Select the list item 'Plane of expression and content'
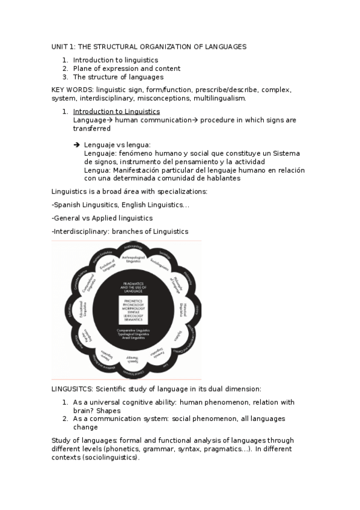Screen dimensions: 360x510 118,69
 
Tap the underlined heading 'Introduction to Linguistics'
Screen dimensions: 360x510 116,111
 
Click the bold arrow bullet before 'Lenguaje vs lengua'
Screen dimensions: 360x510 76,145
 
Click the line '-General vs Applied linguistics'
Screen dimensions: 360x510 102,218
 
